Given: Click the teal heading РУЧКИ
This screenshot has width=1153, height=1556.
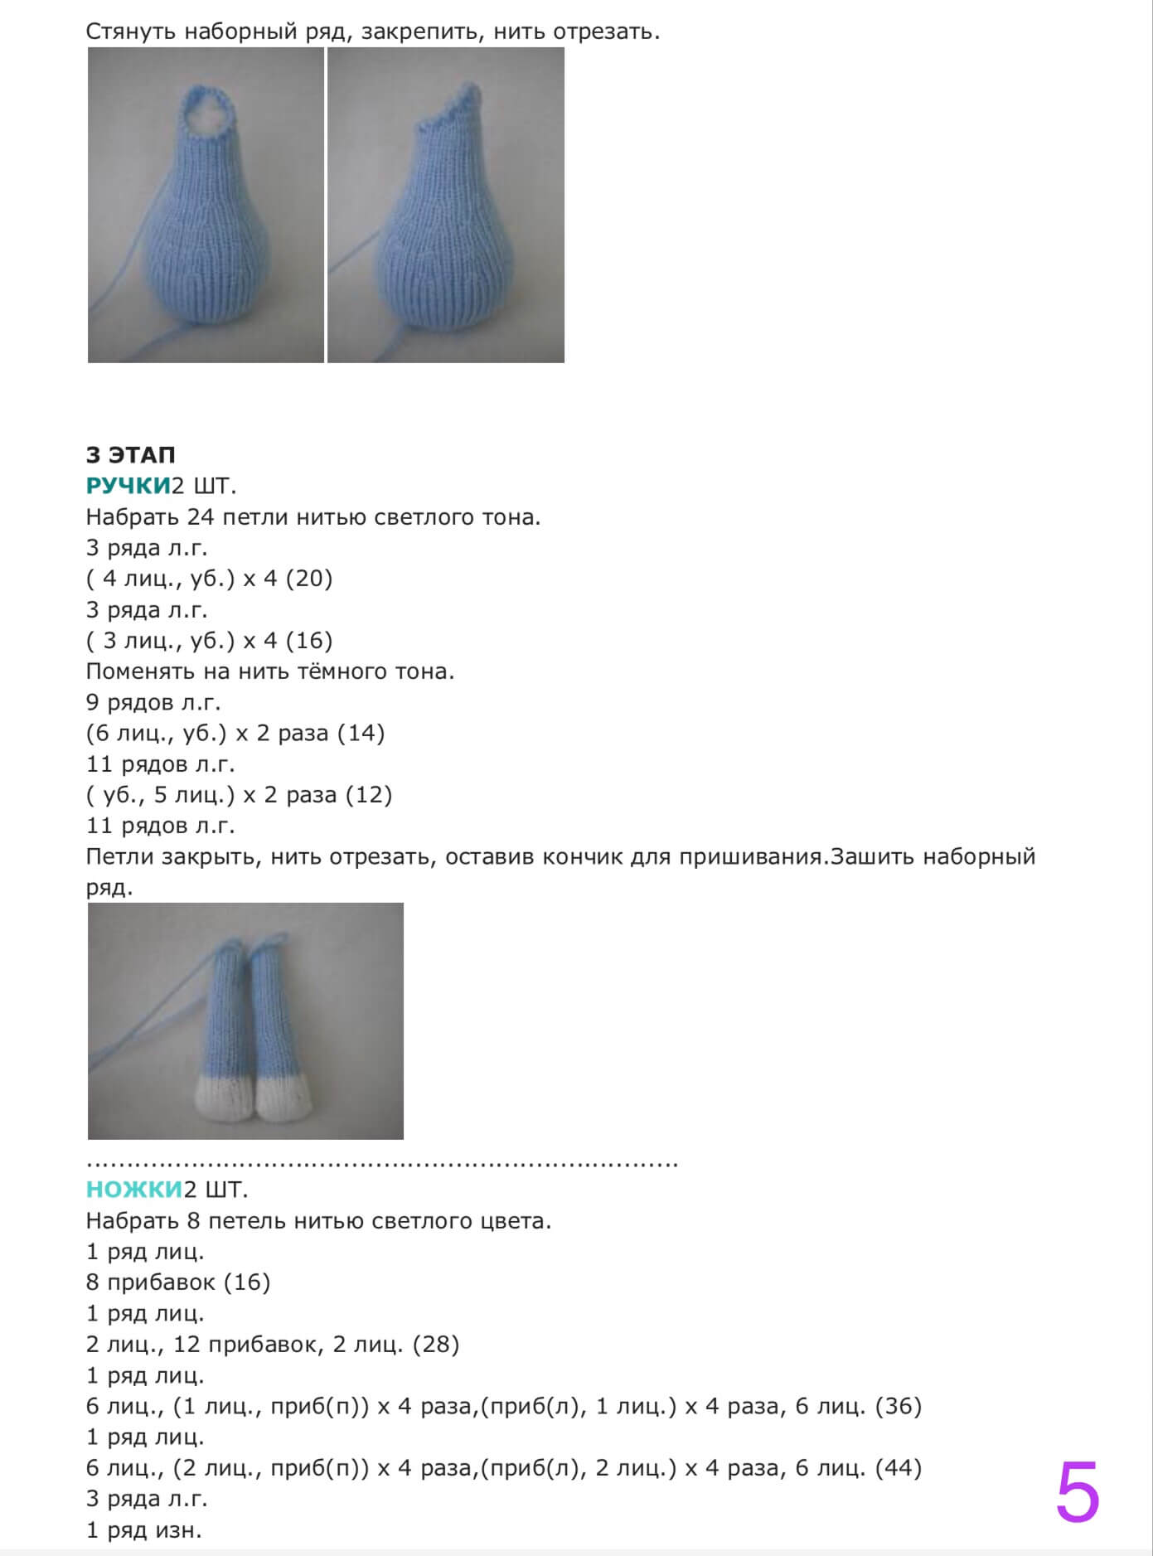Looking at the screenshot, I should [128, 486].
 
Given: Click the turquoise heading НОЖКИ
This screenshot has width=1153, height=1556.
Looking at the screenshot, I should [133, 1190].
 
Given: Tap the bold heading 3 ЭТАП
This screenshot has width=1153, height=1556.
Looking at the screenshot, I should [130, 455].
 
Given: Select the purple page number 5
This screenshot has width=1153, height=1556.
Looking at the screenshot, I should [1077, 1492].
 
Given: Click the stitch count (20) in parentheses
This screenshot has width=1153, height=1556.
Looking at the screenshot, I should [308, 579].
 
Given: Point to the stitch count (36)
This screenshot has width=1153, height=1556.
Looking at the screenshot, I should [898, 1406].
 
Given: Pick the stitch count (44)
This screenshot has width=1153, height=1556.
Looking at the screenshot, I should [898, 1468].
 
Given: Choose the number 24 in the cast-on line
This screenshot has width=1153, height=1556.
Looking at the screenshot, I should [201, 517].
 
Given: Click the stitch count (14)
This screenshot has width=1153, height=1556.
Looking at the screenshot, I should [361, 734].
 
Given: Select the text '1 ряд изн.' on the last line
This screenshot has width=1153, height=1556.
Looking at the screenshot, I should [144, 1530].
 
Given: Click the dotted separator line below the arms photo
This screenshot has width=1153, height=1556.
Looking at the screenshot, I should [381, 1163].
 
